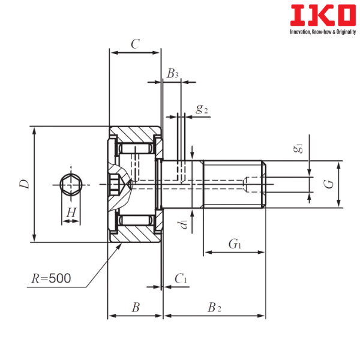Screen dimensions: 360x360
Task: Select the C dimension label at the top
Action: point(135,43)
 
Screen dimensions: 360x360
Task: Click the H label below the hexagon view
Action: point(71,211)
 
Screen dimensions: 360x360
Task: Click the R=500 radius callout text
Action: point(51,278)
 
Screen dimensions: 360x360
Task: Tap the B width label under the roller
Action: point(136,307)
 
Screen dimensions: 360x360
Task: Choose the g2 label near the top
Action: point(201,109)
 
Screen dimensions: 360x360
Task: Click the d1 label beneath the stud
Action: point(184,226)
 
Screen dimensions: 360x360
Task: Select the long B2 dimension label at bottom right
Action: point(214,307)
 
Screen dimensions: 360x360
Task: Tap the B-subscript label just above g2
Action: point(173,74)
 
